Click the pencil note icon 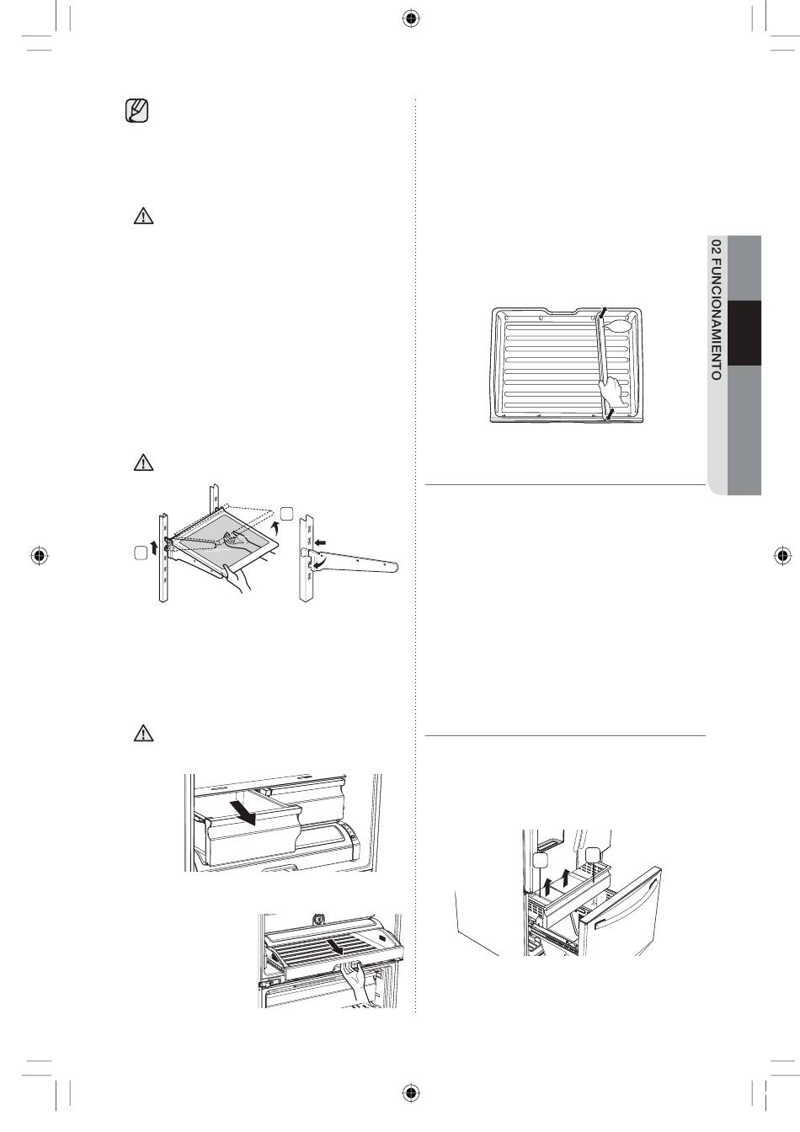pyautogui.click(x=136, y=111)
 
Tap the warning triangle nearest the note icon pyautogui.click(x=143, y=216)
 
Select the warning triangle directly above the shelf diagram pyautogui.click(x=143, y=462)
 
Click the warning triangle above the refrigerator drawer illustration pyautogui.click(x=143, y=734)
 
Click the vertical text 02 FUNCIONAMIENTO pyautogui.click(x=716, y=310)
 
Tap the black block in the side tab pyautogui.click(x=744, y=333)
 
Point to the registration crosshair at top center pyautogui.click(x=412, y=19)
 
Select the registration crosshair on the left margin pyautogui.click(x=40, y=556)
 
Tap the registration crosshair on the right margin pyautogui.click(x=781, y=556)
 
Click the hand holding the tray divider pyautogui.click(x=612, y=390)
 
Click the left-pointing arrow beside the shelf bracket pyautogui.click(x=319, y=542)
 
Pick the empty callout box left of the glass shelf pyautogui.click(x=141, y=553)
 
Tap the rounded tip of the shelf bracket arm pyautogui.click(x=393, y=567)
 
